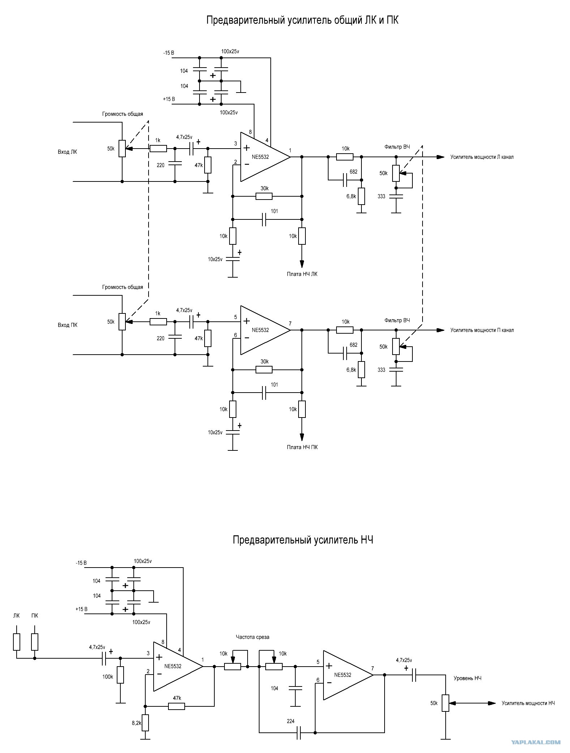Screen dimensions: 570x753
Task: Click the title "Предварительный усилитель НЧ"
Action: tap(303, 540)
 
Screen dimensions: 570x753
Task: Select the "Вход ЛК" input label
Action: tap(67, 152)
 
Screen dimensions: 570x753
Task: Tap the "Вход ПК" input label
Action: tap(67, 325)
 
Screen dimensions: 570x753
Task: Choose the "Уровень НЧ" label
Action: tap(467, 678)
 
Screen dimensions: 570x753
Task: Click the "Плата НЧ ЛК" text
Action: tap(302, 274)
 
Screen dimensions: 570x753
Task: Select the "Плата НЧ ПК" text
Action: tap(302, 447)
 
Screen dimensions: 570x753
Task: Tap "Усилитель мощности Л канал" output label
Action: tap(482, 157)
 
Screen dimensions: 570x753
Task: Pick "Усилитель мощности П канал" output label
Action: tap(482, 330)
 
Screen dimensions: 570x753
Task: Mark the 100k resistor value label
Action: tap(108, 677)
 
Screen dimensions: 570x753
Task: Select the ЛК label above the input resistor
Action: tap(17, 616)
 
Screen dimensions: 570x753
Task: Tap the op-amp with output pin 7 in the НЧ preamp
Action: tap(348, 675)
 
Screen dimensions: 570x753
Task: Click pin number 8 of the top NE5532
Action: tap(250, 132)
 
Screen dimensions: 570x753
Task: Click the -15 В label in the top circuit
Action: tap(168, 53)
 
